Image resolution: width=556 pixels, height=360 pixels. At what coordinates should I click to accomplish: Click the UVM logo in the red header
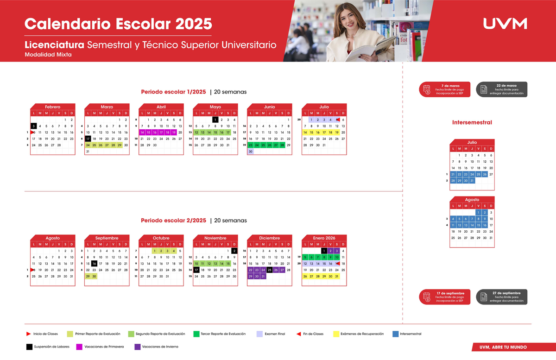(505, 24)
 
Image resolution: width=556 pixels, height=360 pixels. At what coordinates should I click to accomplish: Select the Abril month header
(161, 107)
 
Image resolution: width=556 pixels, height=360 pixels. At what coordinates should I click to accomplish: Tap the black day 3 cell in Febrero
(34, 126)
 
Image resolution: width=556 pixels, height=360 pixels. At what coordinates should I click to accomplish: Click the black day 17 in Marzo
(88, 139)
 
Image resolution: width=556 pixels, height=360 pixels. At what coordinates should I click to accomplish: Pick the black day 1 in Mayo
(215, 120)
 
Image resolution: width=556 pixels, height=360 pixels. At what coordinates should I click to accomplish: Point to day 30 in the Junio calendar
(251, 152)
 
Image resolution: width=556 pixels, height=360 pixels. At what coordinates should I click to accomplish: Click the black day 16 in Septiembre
(94, 263)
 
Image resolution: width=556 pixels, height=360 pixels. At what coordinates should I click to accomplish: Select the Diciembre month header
(270, 238)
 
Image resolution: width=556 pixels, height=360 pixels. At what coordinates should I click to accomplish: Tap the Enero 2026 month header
(324, 238)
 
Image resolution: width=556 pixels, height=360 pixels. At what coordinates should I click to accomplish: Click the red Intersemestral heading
(472, 122)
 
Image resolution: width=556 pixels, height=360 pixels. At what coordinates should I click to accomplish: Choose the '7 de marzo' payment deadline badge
(444, 89)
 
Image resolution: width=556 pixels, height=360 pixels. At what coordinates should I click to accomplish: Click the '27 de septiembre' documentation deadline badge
(501, 297)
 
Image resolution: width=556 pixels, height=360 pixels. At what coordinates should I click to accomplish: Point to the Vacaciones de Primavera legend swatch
(79, 347)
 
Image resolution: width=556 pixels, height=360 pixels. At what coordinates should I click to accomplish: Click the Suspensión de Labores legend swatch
(29, 347)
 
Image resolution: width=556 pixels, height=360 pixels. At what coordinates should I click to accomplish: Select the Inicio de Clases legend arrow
(29, 334)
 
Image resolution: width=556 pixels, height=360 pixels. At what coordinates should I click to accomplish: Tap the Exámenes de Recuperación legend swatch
(336, 334)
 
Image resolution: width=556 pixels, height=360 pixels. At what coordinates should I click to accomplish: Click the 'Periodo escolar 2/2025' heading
(173, 221)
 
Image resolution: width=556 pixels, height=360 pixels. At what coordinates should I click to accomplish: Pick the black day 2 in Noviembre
(234, 251)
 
